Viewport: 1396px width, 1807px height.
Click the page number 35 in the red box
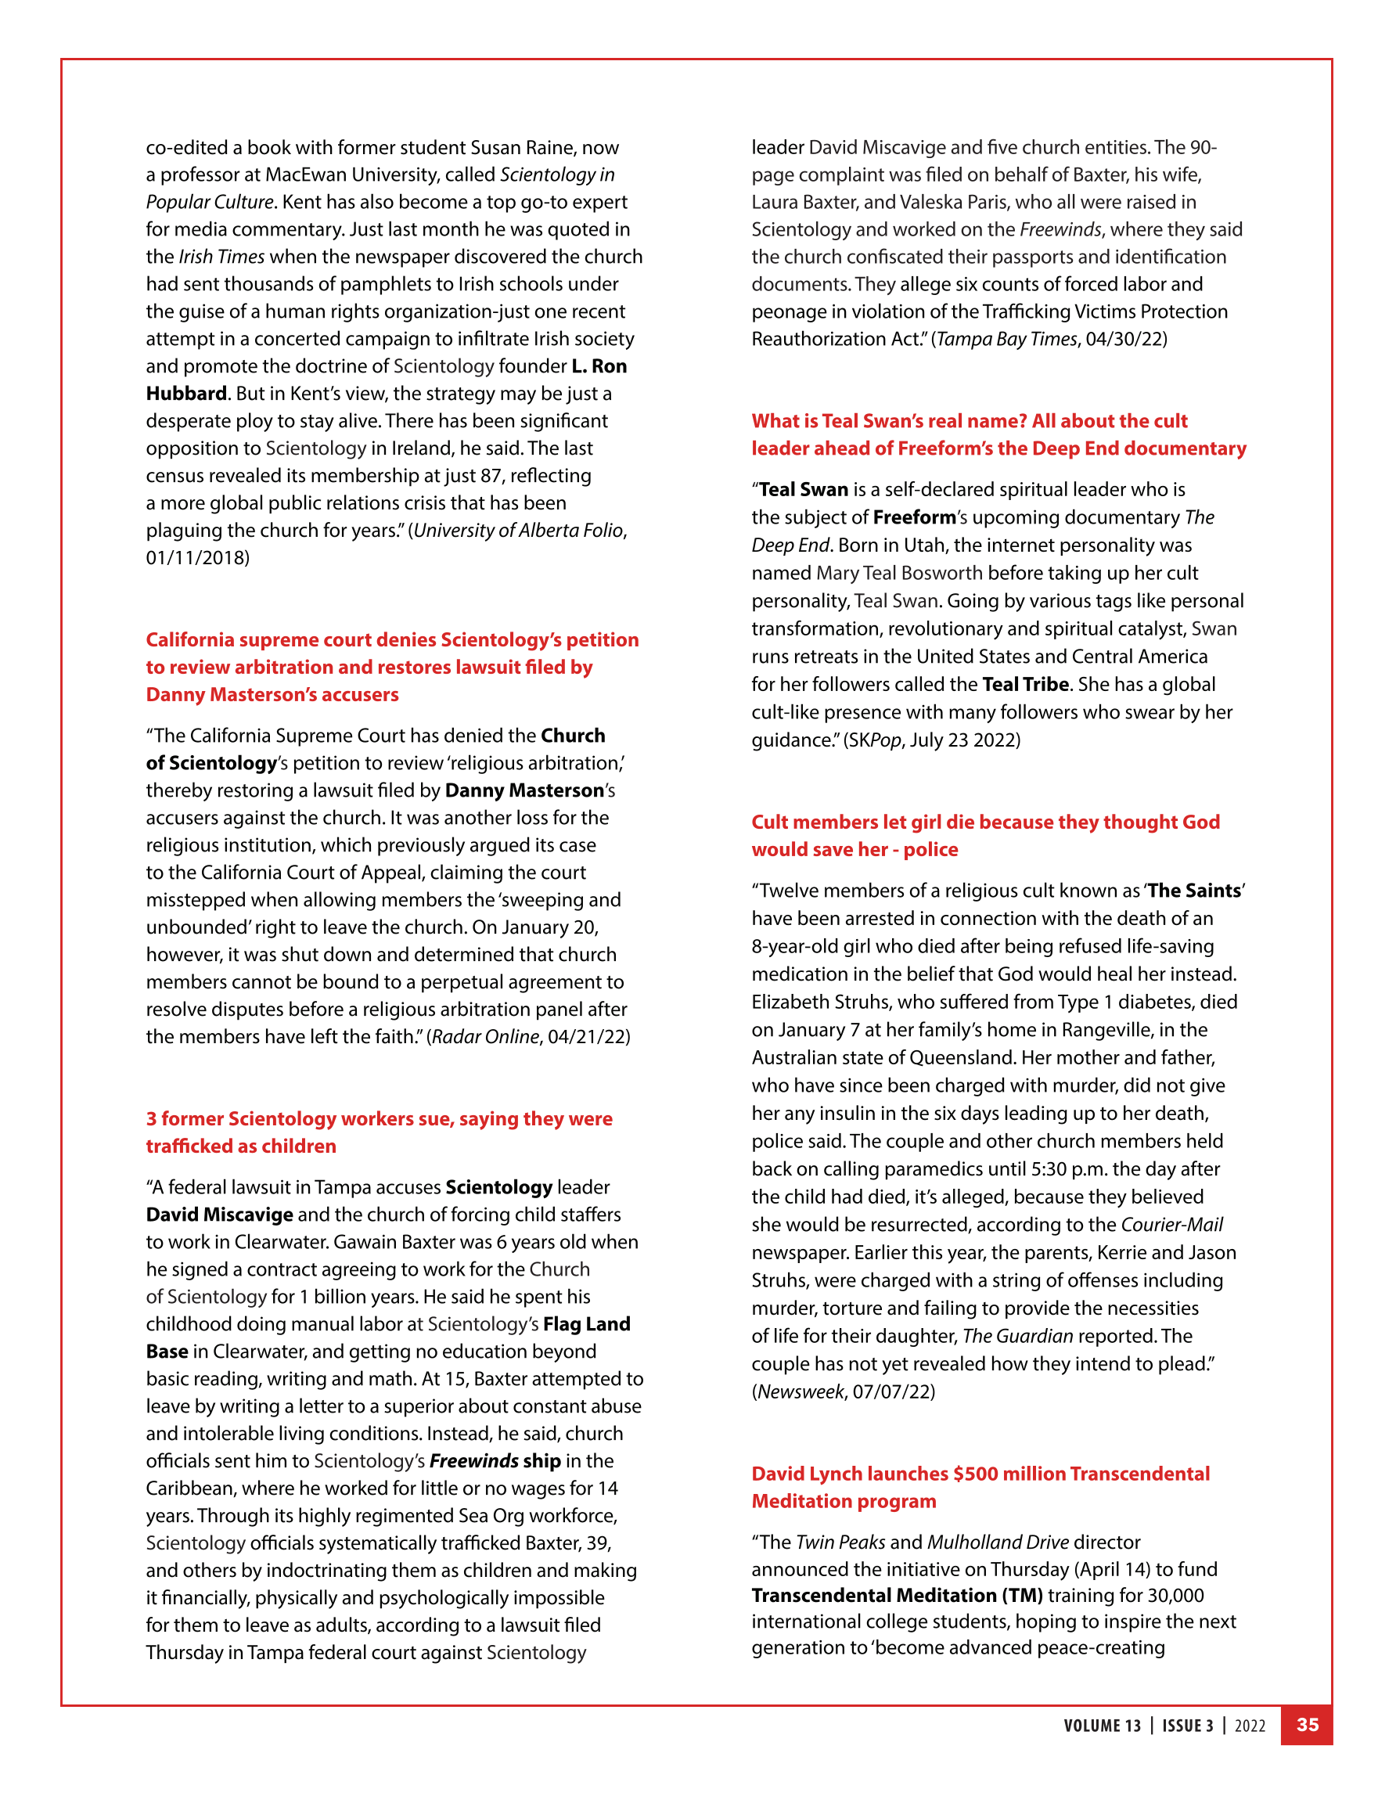[1307, 1725]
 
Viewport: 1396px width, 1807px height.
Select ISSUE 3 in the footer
[1188, 1726]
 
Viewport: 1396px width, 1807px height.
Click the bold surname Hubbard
[186, 394]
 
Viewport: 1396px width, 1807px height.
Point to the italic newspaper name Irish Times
[221, 257]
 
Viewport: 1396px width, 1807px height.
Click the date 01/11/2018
[198, 558]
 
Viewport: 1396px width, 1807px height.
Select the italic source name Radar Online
[485, 1037]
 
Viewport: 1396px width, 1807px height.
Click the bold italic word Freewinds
[474, 1461]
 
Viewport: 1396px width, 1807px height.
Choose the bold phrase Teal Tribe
[1025, 684]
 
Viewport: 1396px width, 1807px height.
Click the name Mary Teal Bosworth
[900, 574]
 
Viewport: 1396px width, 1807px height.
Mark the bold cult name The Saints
[1194, 891]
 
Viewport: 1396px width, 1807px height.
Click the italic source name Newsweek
[801, 1391]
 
